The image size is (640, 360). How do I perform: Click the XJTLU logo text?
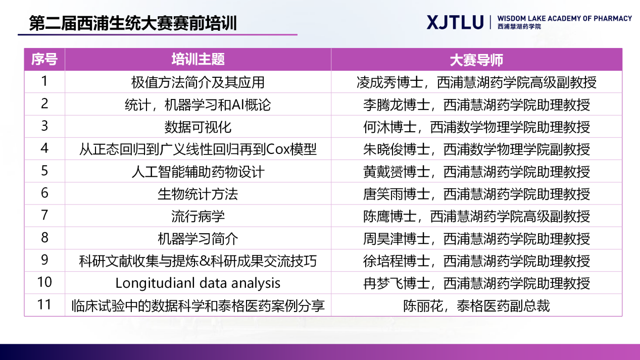click(455, 22)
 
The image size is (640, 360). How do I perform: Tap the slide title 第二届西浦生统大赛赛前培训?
click(133, 23)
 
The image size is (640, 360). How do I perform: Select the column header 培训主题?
click(198, 60)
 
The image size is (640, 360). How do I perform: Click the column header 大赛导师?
click(476, 60)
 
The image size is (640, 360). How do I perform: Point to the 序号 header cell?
click(44, 60)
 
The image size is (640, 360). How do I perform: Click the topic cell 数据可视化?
click(198, 127)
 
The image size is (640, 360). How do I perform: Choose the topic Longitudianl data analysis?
click(198, 283)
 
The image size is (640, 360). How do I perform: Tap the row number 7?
click(44, 215)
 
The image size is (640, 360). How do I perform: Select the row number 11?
click(44, 304)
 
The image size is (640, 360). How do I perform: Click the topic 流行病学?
click(198, 217)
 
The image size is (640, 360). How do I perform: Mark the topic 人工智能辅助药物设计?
click(198, 172)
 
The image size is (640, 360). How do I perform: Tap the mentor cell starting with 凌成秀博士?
click(476, 82)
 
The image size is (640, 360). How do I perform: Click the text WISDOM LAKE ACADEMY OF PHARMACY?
click(565, 19)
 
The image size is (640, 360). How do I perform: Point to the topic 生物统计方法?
click(198, 194)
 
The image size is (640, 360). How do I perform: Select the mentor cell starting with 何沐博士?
click(476, 127)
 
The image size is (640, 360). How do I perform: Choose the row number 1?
click(44, 81)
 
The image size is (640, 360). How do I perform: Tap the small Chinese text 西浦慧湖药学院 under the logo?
click(519, 27)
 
